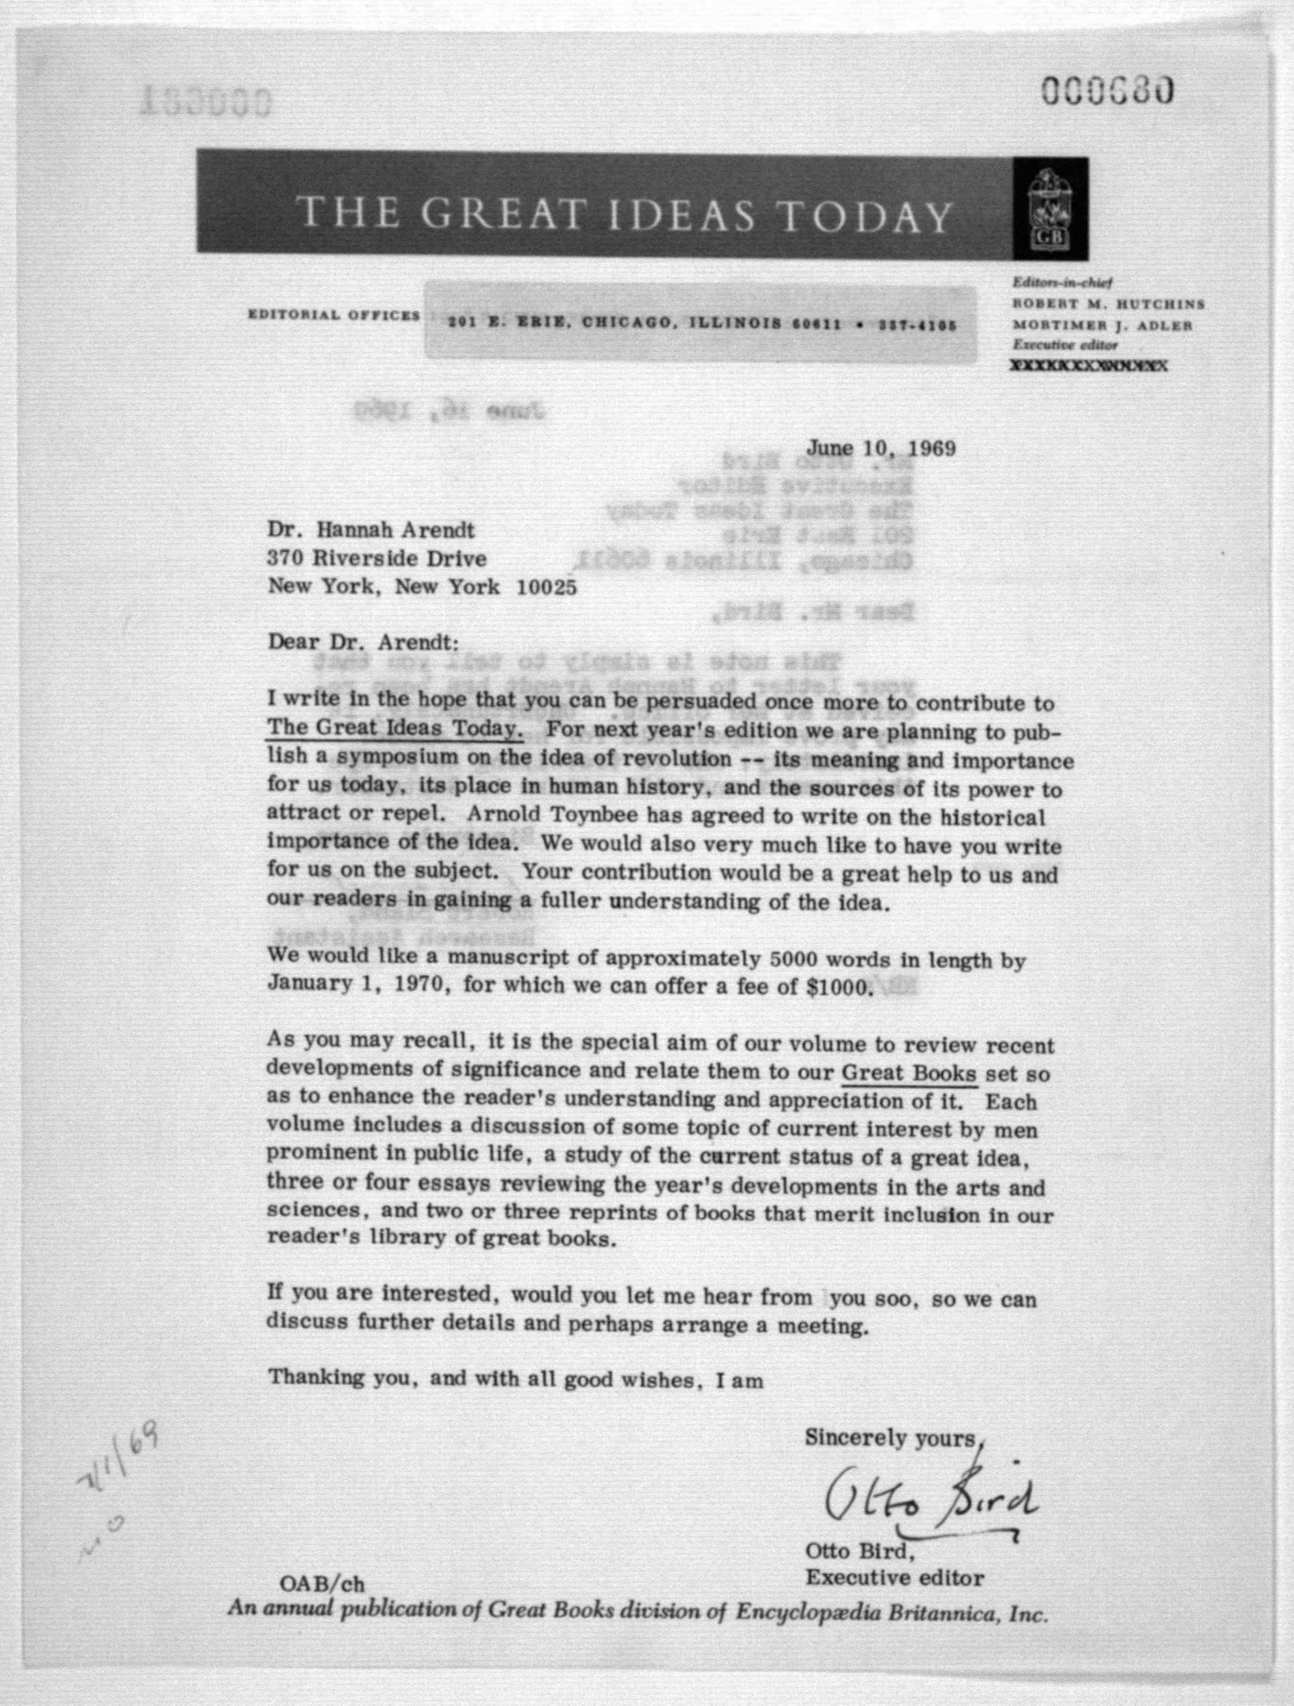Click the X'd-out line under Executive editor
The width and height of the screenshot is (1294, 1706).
(1089, 366)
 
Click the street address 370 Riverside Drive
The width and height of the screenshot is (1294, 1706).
(377, 558)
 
